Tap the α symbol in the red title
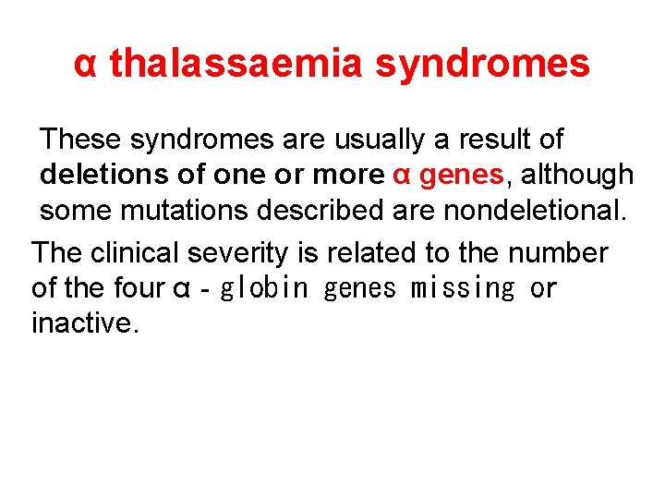coord(85,65)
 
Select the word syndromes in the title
coord(483,64)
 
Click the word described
coord(328,210)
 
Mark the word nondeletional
coord(534,210)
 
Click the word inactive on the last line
coord(84,324)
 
